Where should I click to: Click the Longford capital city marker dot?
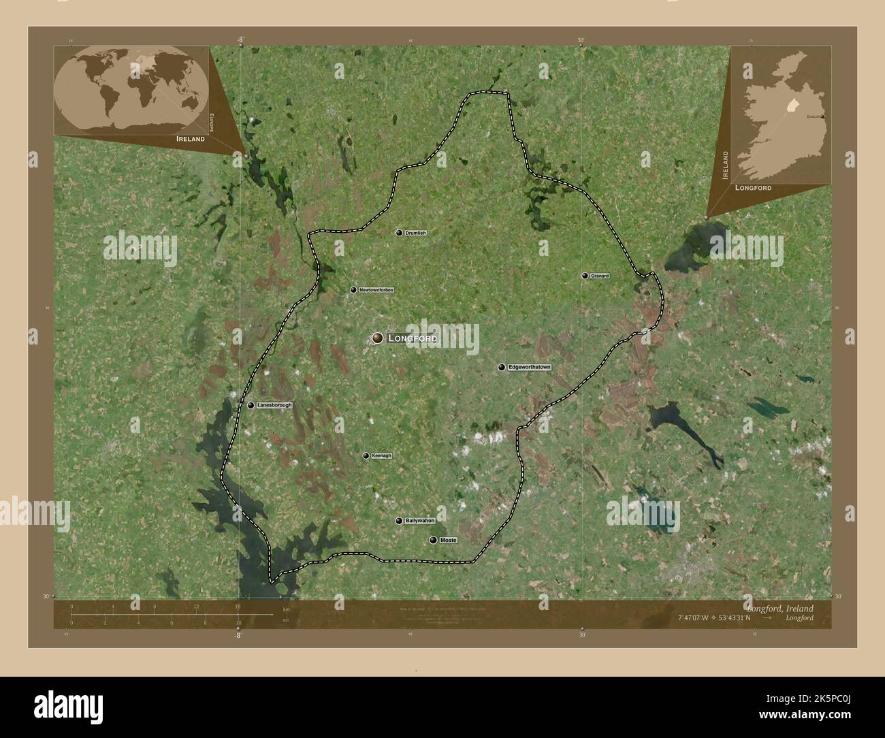(377, 338)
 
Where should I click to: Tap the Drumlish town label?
(415, 233)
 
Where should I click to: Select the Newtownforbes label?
(376, 290)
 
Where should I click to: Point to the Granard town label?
(600, 276)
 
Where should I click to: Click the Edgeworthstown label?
(530, 367)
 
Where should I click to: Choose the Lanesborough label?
(275, 405)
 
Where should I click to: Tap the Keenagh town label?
(383, 455)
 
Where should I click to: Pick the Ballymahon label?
(419, 521)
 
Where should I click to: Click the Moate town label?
(448, 540)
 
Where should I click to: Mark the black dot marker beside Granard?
(585, 276)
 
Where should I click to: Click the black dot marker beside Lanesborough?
(251, 405)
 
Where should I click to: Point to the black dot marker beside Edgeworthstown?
(502, 368)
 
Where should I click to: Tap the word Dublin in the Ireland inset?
(813, 117)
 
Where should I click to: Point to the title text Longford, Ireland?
(779, 608)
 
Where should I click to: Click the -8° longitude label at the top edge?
(240, 39)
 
